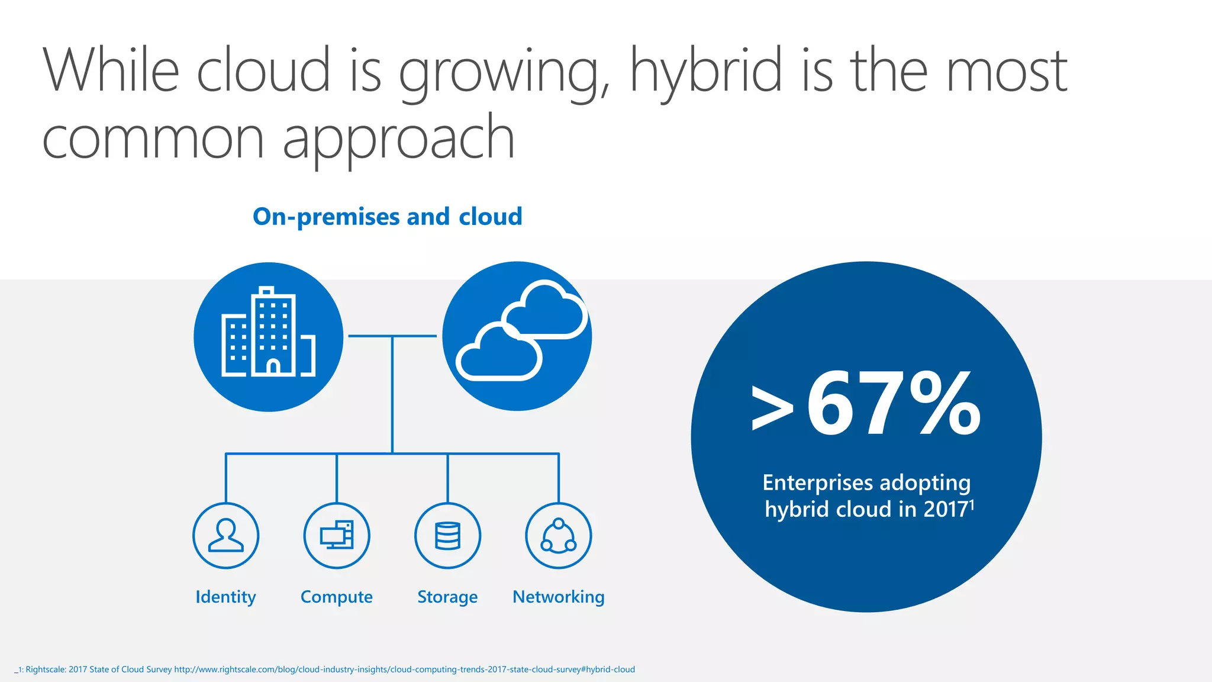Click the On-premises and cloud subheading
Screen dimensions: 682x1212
[387, 217]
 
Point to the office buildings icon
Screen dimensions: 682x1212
[268, 337]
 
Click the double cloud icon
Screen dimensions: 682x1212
[517, 336]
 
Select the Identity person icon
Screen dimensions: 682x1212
[225, 535]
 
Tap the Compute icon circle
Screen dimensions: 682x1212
[337, 535]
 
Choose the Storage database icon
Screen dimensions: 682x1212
[447, 535]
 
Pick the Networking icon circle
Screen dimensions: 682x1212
[558, 535]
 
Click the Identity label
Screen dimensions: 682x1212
[225, 597]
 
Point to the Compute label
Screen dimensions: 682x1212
[337, 597]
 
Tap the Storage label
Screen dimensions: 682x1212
[447, 597]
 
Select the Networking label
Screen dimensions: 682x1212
[558, 597]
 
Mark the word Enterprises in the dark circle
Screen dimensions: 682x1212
[817, 482]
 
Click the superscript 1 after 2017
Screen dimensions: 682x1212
[972, 504]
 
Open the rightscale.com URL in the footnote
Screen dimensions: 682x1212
[404, 670]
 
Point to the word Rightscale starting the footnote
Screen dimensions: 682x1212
[45, 670]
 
